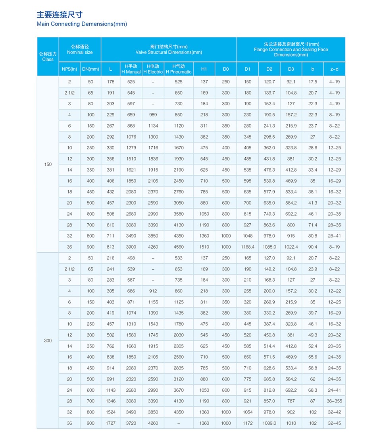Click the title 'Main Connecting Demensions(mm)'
pyautogui.click(x=82, y=24)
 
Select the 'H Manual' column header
pyautogui.click(x=131, y=69)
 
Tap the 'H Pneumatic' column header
pyautogui.click(x=179, y=69)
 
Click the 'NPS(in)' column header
pyautogui.click(x=69, y=69)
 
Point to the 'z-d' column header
pyautogui.click(x=335, y=69)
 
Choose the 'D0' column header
pyautogui.click(x=226, y=69)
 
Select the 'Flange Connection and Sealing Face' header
pyautogui.click(x=291, y=50)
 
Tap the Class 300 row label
pyautogui.click(x=48, y=340)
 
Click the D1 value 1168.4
pyautogui.click(x=248, y=247)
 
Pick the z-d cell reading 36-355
pyautogui.click(x=335, y=401)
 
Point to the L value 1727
pyautogui.click(x=111, y=423)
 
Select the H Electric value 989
pyautogui.click(x=153, y=115)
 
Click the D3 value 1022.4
pyautogui.click(x=291, y=247)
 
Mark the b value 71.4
pyautogui.click(x=313, y=225)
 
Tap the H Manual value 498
pyautogui.click(x=131, y=258)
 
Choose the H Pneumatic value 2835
pyautogui.click(x=179, y=368)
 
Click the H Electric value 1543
pyautogui.click(x=153, y=324)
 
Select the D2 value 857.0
pyautogui.click(x=269, y=401)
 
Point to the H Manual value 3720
pyautogui.click(x=131, y=423)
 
